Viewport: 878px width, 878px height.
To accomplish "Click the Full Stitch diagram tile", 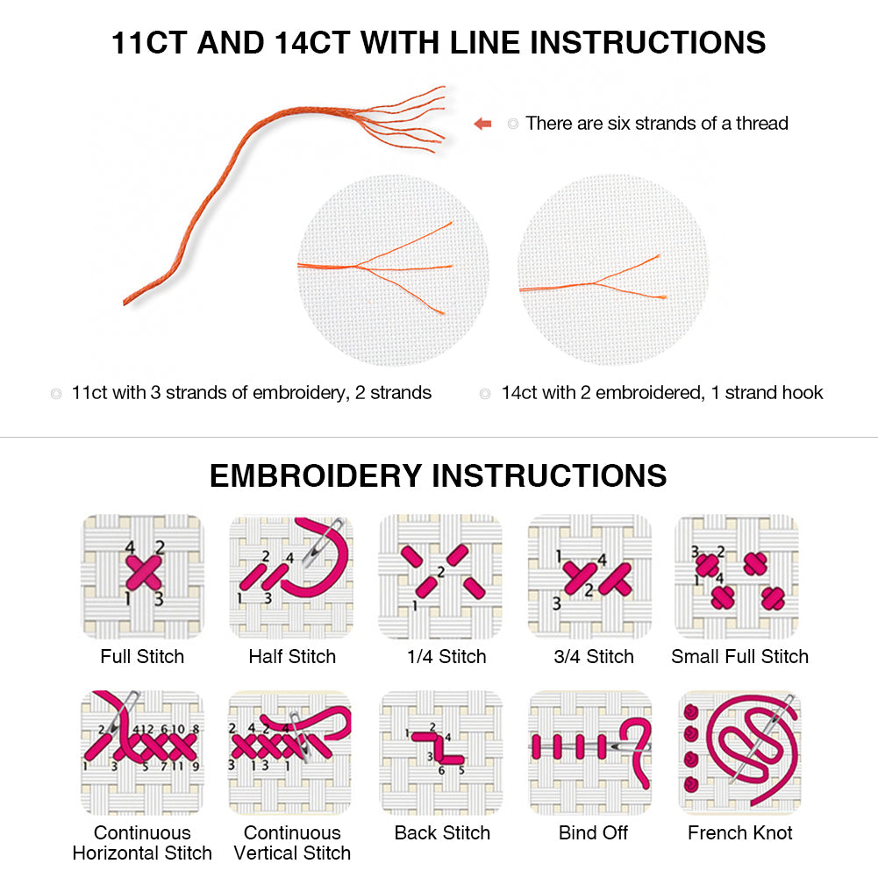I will tap(142, 575).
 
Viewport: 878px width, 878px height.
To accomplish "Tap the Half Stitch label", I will tap(291, 656).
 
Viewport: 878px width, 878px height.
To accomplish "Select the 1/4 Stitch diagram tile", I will tap(440, 575).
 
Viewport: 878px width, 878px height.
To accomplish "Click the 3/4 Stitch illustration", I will tap(589, 575).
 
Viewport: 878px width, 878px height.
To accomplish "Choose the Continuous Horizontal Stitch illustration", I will tap(142, 752).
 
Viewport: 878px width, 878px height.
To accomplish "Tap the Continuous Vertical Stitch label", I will tap(291, 842).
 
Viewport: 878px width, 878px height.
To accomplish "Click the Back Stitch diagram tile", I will tap(440, 752).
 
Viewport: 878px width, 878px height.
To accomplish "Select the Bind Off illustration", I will tap(589, 752).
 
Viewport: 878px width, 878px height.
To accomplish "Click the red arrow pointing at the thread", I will tap(482, 124).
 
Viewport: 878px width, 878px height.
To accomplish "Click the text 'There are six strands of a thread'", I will tap(656, 124).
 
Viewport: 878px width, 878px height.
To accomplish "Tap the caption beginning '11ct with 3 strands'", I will tap(251, 392).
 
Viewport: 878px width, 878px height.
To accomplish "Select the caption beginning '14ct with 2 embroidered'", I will tap(661, 392).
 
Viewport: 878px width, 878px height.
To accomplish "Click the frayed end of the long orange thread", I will tap(412, 118).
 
